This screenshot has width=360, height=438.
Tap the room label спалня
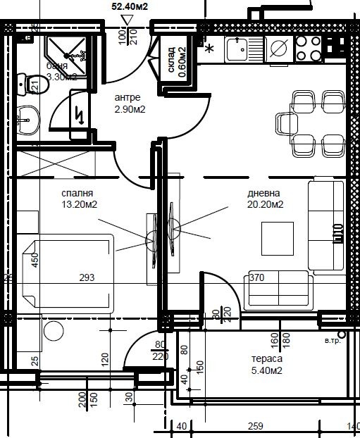(x=78, y=193)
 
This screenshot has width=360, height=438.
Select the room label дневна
(x=263, y=194)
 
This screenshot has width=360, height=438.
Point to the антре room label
(x=128, y=97)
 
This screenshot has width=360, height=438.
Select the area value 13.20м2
(x=80, y=205)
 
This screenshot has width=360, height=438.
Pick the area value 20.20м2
(x=266, y=205)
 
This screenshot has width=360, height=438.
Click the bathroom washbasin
(x=28, y=121)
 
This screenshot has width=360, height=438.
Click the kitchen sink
(x=239, y=49)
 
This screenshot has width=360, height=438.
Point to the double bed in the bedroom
(x=67, y=271)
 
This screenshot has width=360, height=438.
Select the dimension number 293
(x=87, y=278)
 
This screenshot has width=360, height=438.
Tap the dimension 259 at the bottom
(x=256, y=426)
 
